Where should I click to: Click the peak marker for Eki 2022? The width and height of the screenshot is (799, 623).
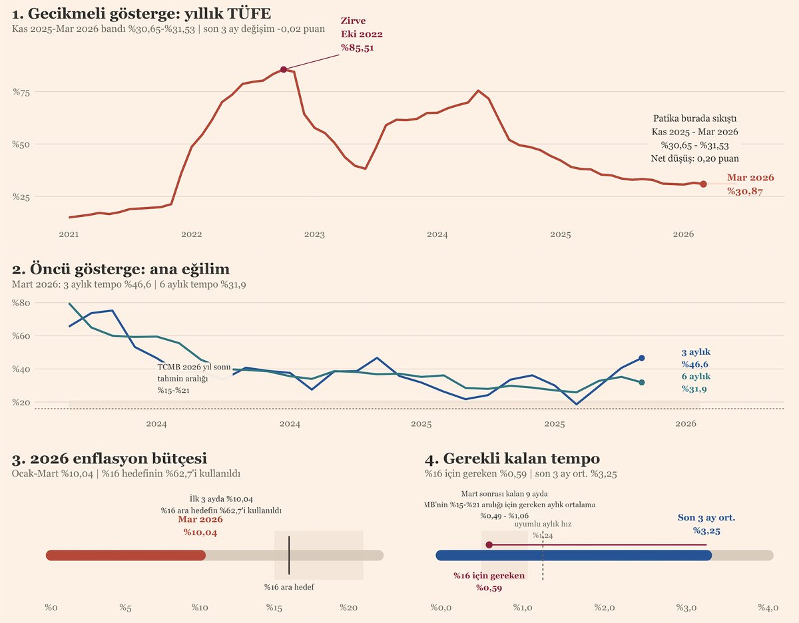[x=284, y=69]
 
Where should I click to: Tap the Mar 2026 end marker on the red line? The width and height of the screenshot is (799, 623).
[x=703, y=184]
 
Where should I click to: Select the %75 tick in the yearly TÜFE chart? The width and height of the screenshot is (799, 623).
[x=22, y=92]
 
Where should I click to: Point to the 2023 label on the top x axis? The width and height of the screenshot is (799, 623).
[x=314, y=234]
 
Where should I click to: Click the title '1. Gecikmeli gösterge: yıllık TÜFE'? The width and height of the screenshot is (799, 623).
[x=141, y=13]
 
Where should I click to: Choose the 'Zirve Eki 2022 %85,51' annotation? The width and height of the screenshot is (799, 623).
[x=362, y=35]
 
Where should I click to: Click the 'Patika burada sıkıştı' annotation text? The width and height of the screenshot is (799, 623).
[x=694, y=118]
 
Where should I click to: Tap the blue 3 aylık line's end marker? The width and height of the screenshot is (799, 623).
[x=642, y=358]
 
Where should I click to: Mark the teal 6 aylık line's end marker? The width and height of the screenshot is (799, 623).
[x=642, y=383]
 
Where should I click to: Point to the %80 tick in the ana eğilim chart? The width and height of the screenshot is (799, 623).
[x=22, y=303]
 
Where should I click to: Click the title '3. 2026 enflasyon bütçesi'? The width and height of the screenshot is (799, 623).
[x=109, y=459]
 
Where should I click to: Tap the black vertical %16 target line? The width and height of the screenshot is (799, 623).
[x=289, y=555]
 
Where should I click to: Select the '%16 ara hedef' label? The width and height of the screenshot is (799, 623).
[x=289, y=587]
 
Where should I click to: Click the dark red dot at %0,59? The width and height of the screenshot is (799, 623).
[x=489, y=544]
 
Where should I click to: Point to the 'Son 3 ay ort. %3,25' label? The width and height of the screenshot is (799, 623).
[x=706, y=524]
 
